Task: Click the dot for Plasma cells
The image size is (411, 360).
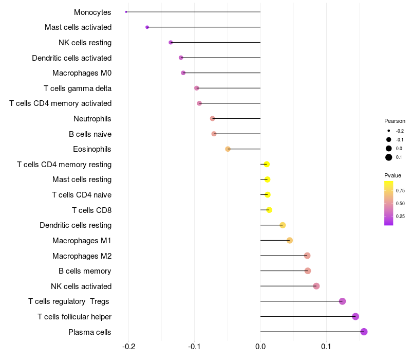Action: (x=364, y=332)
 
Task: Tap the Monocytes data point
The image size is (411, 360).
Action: (x=126, y=12)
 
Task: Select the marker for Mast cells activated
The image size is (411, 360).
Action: (x=147, y=27)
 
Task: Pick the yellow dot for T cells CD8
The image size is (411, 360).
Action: (x=269, y=210)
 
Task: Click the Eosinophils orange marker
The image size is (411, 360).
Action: (x=228, y=149)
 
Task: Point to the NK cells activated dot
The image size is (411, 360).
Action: (x=316, y=286)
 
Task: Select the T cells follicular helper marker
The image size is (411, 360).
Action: (x=356, y=317)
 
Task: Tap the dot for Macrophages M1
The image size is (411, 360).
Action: (x=290, y=240)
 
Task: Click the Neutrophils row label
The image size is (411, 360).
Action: (x=92, y=119)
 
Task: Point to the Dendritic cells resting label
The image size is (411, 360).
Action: (x=76, y=225)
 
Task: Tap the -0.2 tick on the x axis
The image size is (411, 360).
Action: (x=128, y=347)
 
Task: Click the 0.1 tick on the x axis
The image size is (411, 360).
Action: (x=326, y=347)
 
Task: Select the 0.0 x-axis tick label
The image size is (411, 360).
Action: (x=260, y=347)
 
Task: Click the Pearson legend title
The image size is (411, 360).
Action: (x=395, y=121)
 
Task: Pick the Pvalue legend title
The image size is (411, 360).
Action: (x=393, y=175)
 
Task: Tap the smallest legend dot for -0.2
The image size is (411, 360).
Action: (x=389, y=131)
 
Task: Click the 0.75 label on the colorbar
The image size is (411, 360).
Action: (x=400, y=191)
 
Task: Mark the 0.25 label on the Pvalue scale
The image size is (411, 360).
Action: (x=400, y=217)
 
